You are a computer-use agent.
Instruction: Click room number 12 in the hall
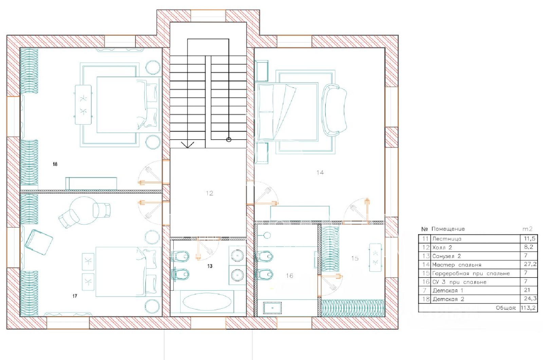(209, 193)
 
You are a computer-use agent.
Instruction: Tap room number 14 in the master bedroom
(320, 173)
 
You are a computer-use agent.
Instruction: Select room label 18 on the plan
(55, 164)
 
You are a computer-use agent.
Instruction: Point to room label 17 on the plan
(75, 296)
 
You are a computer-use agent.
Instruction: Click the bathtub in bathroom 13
(207, 302)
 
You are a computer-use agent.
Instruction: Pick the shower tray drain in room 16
(272, 308)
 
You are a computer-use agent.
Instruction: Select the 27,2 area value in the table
(530, 264)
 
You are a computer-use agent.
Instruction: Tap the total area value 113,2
(529, 308)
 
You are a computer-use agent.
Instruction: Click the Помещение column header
(448, 229)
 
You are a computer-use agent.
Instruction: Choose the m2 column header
(527, 229)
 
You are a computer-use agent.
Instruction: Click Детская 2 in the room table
(448, 299)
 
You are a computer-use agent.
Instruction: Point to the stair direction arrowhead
(187, 145)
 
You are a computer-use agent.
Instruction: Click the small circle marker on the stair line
(229, 140)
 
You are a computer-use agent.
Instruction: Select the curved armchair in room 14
(334, 110)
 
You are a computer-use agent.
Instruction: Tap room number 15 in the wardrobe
(355, 258)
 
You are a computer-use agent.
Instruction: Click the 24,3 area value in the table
(530, 299)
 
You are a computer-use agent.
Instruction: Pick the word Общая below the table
(506, 308)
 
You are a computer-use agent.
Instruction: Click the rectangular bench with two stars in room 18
(83, 105)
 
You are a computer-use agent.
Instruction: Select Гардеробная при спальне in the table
(471, 273)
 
